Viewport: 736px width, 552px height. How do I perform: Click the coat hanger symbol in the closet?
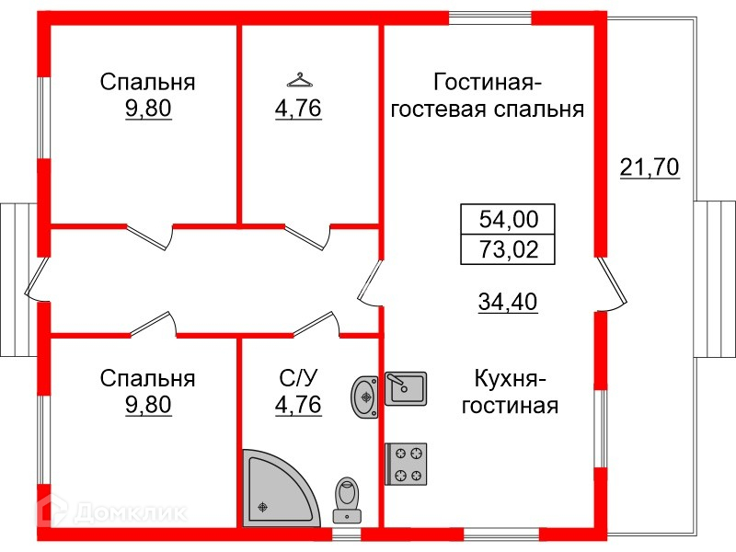297,79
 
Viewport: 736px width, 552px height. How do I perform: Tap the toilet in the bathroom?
347,497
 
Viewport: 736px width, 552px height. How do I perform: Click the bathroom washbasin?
365,397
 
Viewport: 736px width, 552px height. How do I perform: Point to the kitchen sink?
405,387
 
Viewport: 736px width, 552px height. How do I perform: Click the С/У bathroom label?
298,377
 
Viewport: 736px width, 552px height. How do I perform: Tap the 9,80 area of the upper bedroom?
148,109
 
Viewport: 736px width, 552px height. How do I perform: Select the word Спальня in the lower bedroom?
148,377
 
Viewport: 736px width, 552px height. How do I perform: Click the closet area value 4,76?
297,109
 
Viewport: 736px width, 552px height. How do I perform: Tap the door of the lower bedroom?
153,323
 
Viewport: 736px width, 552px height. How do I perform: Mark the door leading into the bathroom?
317,325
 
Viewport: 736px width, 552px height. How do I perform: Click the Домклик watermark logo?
110,510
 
